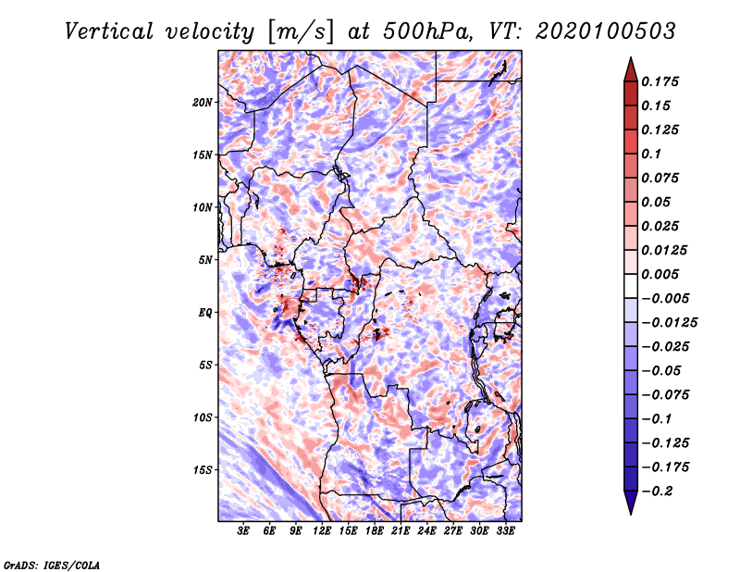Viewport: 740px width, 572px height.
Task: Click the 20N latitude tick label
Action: pos(203,103)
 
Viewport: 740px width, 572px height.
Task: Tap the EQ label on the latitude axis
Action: pos(205,313)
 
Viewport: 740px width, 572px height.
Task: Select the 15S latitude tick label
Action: pos(203,470)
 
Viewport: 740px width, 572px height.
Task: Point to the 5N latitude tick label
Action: pos(205,260)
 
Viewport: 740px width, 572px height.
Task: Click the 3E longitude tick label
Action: pos(243,531)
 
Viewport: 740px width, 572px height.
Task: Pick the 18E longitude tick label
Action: pos(375,531)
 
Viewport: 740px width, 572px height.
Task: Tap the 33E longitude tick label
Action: pos(505,531)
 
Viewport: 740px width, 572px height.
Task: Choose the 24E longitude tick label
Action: pos(426,531)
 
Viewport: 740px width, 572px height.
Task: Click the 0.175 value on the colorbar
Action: pos(660,81)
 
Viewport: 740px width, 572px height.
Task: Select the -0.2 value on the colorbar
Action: pos(657,491)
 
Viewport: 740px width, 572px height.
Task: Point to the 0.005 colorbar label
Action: pos(660,274)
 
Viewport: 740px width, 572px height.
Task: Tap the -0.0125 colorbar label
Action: pos(669,323)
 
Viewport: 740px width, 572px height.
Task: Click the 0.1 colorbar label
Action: pos(651,154)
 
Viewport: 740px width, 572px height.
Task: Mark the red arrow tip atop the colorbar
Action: pos(631,58)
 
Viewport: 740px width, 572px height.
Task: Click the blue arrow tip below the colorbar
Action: pos(631,513)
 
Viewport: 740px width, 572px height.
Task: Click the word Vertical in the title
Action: pos(109,31)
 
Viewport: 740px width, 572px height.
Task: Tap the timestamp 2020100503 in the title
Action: pos(606,31)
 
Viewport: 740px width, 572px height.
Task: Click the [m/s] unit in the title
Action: pos(301,32)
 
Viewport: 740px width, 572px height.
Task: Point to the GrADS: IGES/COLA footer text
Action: pos(52,566)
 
